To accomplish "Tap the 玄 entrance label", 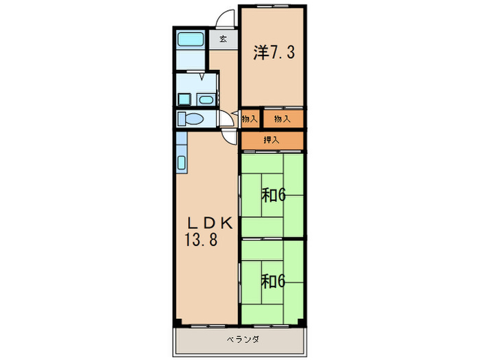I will click(x=224, y=39).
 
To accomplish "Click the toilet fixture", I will click(x=191, y=119).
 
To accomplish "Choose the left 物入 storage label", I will click(x=249, y=119).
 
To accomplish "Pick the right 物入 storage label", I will click(x=281, y=119).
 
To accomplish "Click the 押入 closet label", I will click(x=272, y=140).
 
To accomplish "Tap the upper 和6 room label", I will click(x=273, y=195).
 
